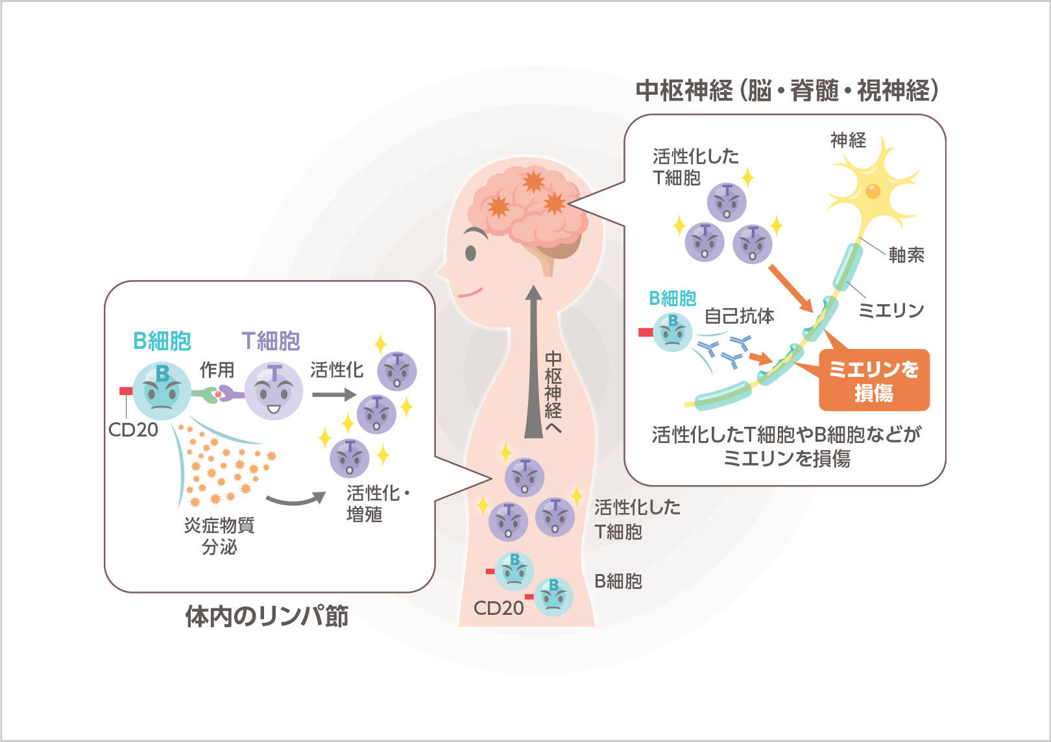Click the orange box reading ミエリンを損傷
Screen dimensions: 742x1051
click(874, 381)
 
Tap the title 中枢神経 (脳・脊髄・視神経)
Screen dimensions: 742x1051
click(787, 91)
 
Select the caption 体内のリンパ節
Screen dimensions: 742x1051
click(267, 616)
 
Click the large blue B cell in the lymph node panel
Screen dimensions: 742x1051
click(162, 390)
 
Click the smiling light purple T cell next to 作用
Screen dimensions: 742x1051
click(274, 391)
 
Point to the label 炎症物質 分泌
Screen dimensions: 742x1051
click(219, 536)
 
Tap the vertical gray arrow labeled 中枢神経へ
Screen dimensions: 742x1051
click(533, 363)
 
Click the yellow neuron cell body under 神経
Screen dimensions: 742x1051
click(873, 191)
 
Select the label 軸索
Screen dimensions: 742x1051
click(906, 255)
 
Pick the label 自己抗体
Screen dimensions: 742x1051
click(739, 316)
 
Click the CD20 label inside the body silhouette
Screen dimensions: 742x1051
click(498, 608)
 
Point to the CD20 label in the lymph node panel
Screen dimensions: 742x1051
click(133, 429)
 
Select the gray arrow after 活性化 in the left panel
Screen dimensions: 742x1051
click(333, 394)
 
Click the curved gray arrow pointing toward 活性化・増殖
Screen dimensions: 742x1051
click(295, 499)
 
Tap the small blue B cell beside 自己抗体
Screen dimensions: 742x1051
click(673, 332)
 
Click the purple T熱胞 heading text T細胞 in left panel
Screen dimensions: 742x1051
click(271, 341)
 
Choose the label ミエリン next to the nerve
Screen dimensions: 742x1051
click(891, 311)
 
